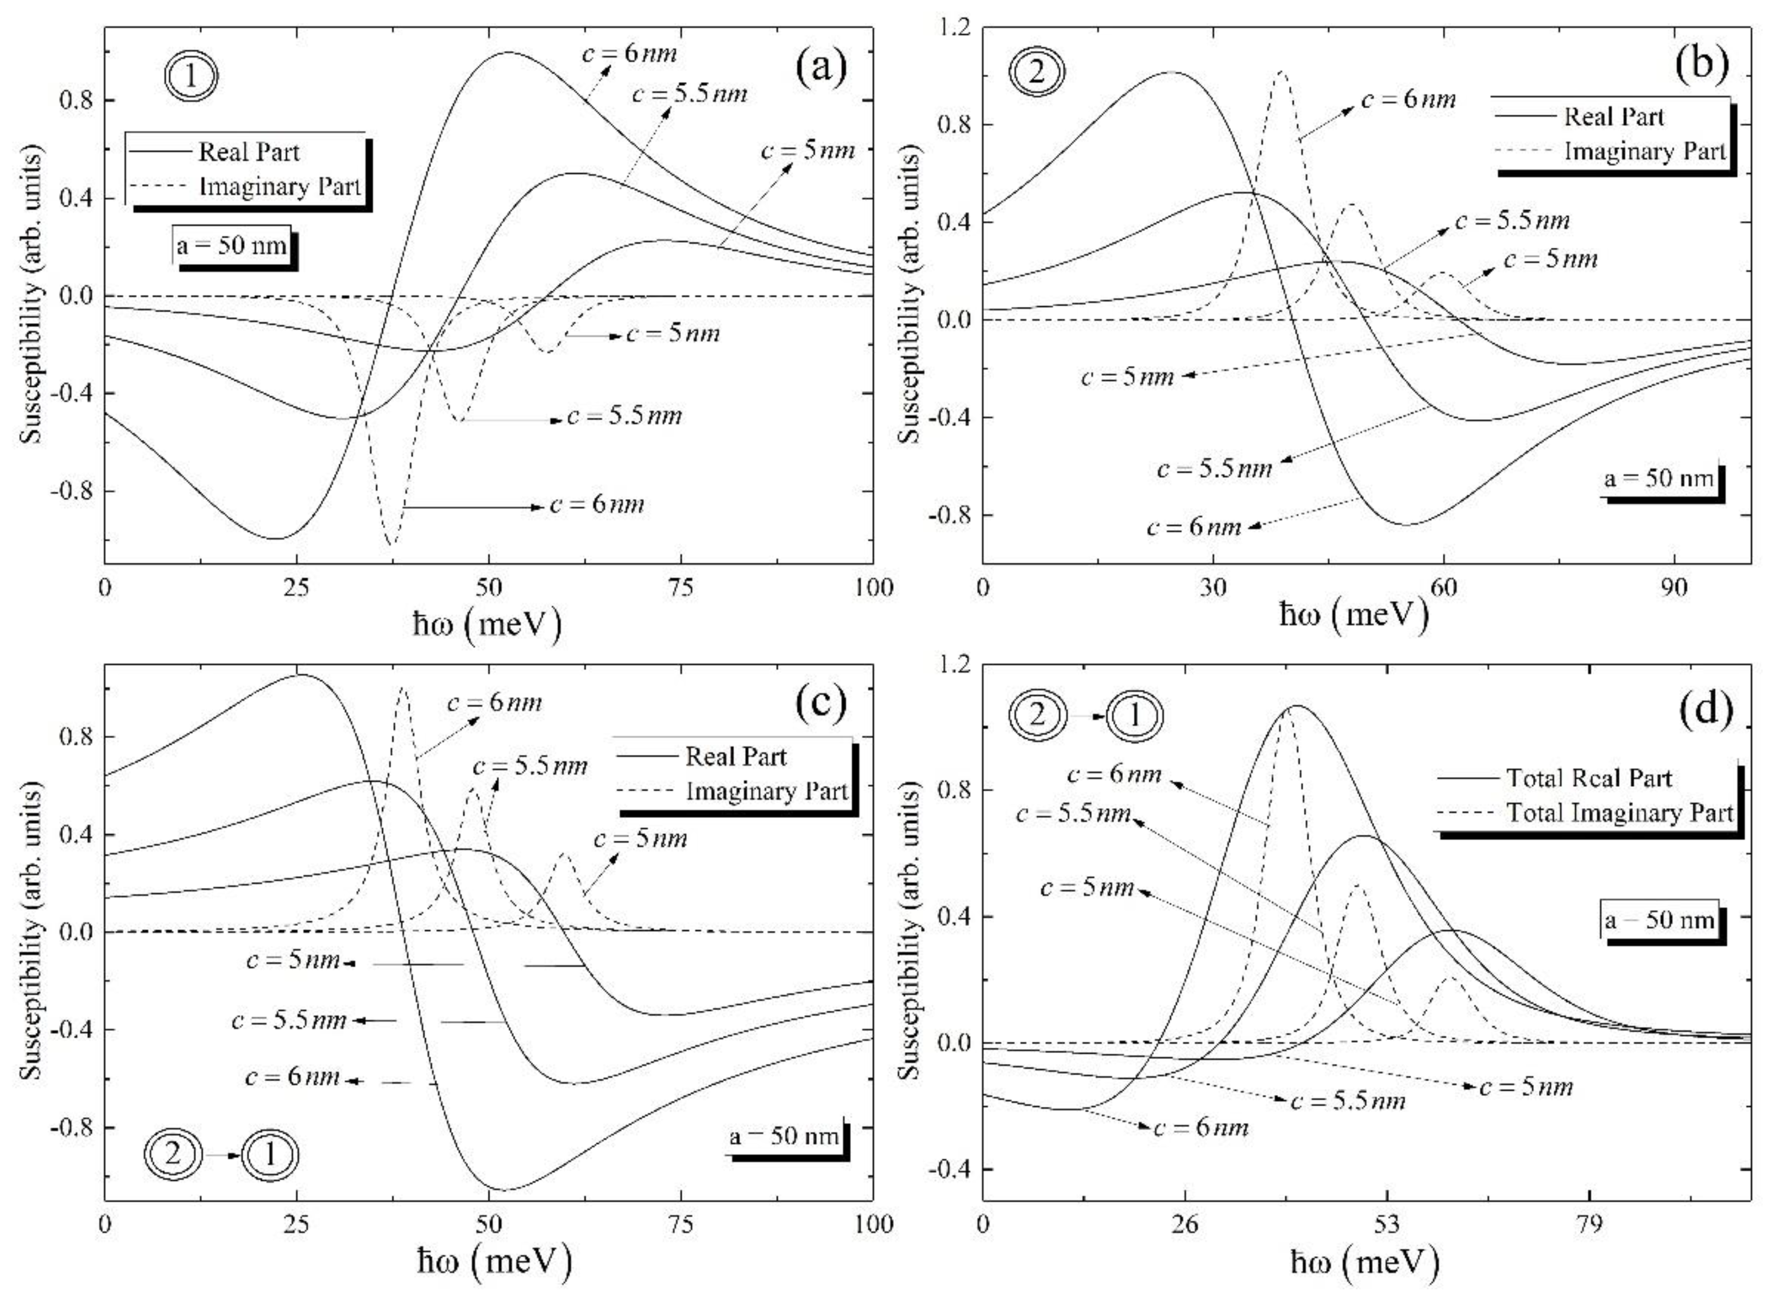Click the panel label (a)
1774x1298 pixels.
point(821,68)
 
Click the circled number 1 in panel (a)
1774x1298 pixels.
point(191,78)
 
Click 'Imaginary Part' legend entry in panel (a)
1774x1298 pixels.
point(279,187)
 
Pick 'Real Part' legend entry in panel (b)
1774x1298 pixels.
point(1613,117)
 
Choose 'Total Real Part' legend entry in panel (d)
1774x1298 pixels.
point(1589,778)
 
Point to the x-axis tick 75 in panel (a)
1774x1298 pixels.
point(680,588)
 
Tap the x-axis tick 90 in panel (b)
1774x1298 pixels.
point(1675,588)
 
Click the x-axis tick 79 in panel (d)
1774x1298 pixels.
point(1589,1224)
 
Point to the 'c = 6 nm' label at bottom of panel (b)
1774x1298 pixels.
point(1194,526)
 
